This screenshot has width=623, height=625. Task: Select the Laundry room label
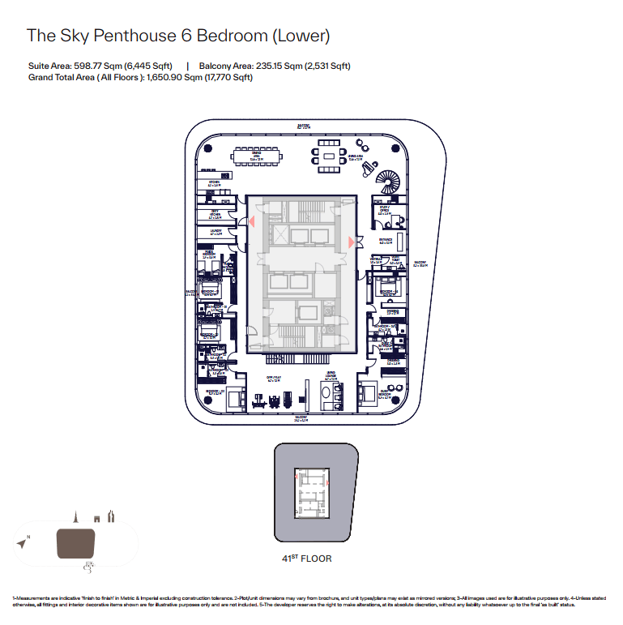(x=215, y=232)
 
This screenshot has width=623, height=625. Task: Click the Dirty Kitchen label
(x=215, y=215)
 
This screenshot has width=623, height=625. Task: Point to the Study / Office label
(x=385, y=211)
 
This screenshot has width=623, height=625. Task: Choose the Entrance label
(x=386, y=240)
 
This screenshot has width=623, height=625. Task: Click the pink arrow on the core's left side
(x=252, y=221)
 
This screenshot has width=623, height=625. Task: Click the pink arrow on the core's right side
(x=351, y=241)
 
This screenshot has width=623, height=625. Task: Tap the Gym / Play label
(x=274, y=378)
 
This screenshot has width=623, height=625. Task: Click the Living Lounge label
(x=331, y=375)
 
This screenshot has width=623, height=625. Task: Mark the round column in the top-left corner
(x=206, y=148)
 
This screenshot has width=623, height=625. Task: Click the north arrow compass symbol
(x=21, y=540)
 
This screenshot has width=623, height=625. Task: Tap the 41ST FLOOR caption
(x=306, y=559)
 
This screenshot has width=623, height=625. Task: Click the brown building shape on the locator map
(x=75, y=543)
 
